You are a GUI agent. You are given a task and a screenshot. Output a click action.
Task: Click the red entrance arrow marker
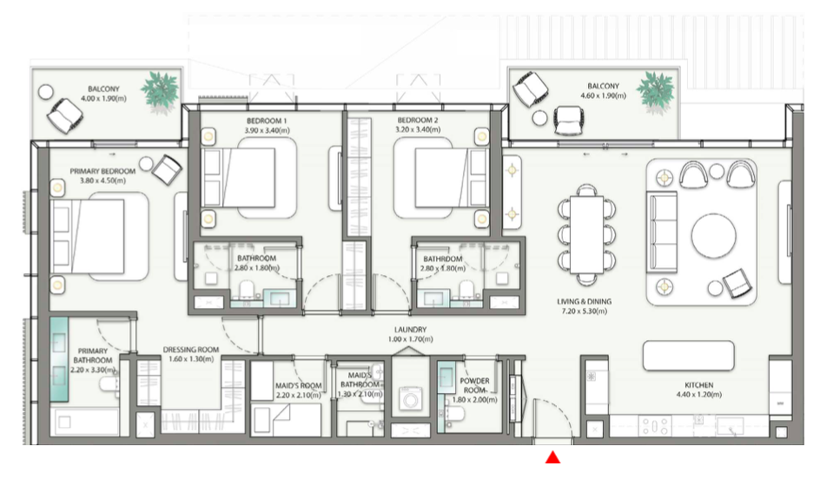click(552, 457)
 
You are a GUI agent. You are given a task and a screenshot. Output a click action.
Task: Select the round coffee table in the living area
click(713, 235)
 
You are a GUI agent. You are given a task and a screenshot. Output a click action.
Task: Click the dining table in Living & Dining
click(586, 234)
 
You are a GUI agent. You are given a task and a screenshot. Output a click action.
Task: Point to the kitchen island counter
click(688, 356)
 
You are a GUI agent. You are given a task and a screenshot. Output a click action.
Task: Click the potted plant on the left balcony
click(160, 90)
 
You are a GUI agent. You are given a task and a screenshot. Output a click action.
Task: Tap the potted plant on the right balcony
click(655, 91)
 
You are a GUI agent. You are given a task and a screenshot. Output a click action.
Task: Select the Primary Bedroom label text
click(102, 171)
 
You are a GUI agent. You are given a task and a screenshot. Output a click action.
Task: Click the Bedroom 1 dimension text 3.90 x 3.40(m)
click(267, 130)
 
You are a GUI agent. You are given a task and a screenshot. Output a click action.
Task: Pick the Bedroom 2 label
click(417, 120)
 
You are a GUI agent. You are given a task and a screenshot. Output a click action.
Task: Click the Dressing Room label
click(191, 350)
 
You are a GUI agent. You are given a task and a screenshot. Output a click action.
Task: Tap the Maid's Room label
click(299, 385)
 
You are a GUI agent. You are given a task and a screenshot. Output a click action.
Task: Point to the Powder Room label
click(474, 385)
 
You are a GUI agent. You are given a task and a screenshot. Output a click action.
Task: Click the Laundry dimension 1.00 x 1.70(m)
click(411, 339)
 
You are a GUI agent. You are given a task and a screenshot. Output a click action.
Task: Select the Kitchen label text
click(698, 385)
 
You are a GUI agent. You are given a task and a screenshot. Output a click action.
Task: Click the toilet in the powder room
click(453, 414)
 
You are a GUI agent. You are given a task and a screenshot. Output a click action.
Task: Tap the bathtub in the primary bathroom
click(85, 422)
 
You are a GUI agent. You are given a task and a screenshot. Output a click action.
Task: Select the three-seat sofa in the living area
click(662, 232)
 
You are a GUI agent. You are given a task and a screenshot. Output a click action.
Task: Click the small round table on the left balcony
click(46, 93)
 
